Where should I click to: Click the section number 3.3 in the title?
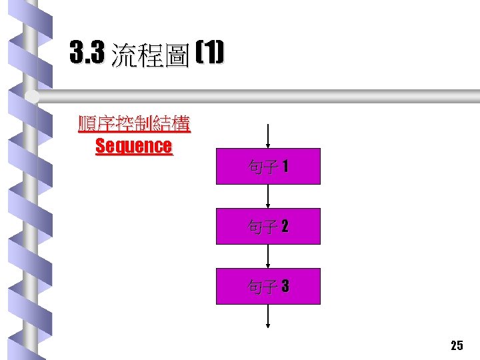click(x=87, y=53)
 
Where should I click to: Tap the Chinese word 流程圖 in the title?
click(x=151, y=55)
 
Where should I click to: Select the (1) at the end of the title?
click(x=211, y=52)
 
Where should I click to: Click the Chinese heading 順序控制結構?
click(x=134, y=124)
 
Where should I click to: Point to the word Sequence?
click(x=133, y=146)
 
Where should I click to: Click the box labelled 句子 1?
click(x=268, y=166)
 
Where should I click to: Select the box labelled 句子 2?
click(x=268, y=227)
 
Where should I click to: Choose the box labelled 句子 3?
click(x=268, y=287)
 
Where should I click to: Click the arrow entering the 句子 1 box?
click(x=268, y=136)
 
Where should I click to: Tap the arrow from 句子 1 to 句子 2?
click(x=268, y=197)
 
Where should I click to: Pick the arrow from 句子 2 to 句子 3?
click(x=268, y=257)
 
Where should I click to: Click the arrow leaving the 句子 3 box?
click(x=268, y=316)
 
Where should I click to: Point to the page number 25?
click(x=457, y=345)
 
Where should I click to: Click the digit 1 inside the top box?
click(x=285, y=167)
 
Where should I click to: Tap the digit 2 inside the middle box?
click(x=285, y=227)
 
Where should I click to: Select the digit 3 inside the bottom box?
click(x=285, y=287)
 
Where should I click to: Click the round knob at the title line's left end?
click(x=32, y=97)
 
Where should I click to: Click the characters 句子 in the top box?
click(x=261, y=167)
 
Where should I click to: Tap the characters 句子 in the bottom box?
click(x=261, y=287)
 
